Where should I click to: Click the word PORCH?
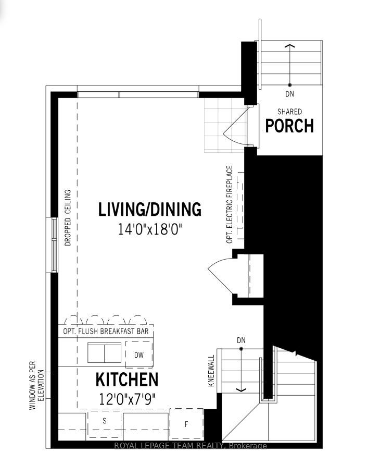pyautogui.click(x=289, y=126)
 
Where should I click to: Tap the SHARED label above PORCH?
pyautogui.click(x=290, y=112)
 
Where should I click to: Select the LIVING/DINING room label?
pyautogui.click(x=150, y=209)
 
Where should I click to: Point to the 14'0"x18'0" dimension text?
pyautogui.click(x=150, y=229)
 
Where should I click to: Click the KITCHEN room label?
pyautogui.click(x=127, y=380)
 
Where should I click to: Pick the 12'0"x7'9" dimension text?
pyautogui.click(x=127, y=399)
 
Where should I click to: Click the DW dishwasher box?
pyautogui.click(x=139, y=355)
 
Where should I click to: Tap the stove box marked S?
pyautogui.click(x=104, y=424)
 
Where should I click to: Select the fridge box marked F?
pyautogui.click(x=186, y=424)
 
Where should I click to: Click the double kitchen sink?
pyautogui.click(x=104, y=352)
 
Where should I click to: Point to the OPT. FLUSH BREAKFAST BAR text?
pyautogui.click(x=106, y=331)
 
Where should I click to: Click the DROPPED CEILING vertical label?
pyautogui.click(x=68, y=217)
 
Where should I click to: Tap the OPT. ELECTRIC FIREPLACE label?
pyautogui.click(x=230, y=204)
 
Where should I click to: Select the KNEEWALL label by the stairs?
pyautogui.click(x=211, y=371)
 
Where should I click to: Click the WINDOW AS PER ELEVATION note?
pyautogui.click(x=36, y=385)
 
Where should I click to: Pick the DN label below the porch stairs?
pyautogui.click(x=290, y=94)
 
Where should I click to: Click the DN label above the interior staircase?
pyautogui.click(x=242, y=340)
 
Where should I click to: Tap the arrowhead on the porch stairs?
pyautogui.click(x=290, y=46)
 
